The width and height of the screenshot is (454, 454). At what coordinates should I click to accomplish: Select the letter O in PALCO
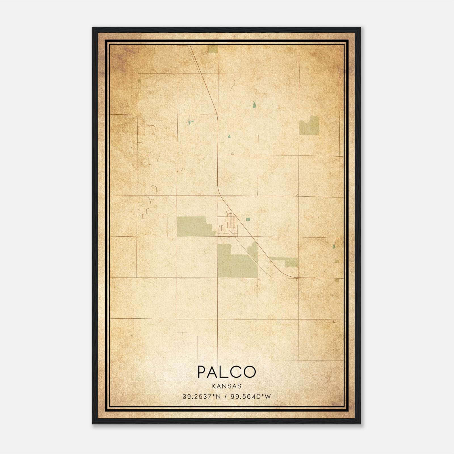249,372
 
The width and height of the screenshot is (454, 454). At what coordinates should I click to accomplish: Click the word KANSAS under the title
226,386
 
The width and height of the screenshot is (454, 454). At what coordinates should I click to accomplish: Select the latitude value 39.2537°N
201,397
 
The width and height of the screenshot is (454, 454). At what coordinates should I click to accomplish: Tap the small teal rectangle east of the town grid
248,219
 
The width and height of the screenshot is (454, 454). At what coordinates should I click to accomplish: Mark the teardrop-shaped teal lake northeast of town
255,105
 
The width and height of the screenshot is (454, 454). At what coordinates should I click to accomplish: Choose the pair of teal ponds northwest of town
190,123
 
